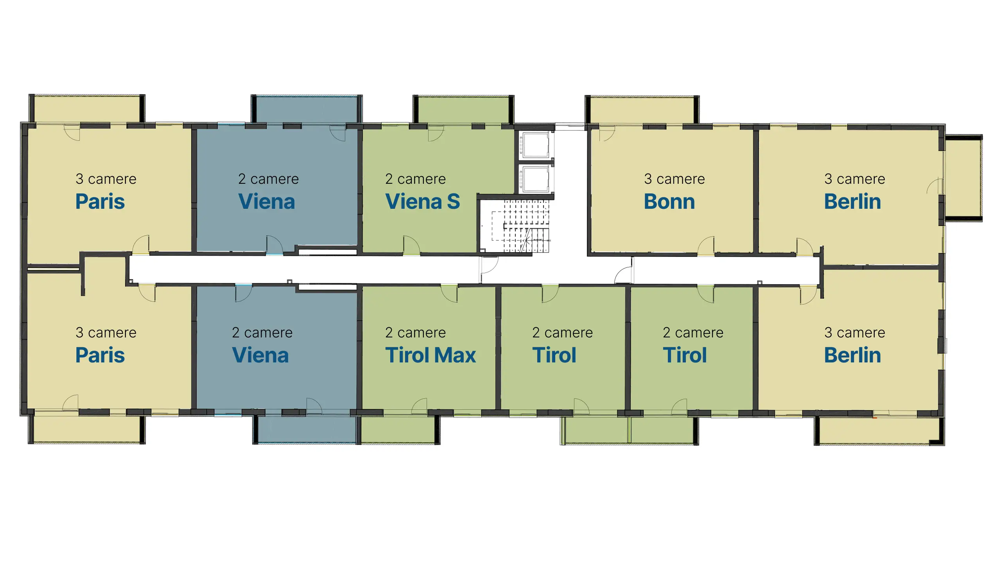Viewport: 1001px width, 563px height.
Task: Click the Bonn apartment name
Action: point(669,202)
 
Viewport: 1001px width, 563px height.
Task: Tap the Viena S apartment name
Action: point(423,202)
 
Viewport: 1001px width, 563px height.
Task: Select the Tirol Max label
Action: point(431,355)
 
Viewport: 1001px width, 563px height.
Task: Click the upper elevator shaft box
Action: point(536,145)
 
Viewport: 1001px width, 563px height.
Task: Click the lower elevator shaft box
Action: point(536,179)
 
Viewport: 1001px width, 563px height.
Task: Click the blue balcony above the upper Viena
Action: point(307,109)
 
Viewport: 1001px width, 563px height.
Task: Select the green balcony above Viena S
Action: point(463,109)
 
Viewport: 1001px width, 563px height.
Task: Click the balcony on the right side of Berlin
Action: point(963,178)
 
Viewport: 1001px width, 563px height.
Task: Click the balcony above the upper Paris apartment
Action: point(87,109)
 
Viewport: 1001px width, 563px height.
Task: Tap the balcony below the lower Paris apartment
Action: point(87,429)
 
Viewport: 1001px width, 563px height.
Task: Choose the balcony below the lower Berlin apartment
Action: point(879,431)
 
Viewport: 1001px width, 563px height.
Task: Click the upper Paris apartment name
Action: point(100,202)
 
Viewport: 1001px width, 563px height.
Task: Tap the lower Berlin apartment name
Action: point(852,355)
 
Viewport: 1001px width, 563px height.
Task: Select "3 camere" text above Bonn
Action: point(675,179)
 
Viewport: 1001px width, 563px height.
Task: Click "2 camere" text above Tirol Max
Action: point(415,333)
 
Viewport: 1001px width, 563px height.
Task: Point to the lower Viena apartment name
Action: point(260,355)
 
